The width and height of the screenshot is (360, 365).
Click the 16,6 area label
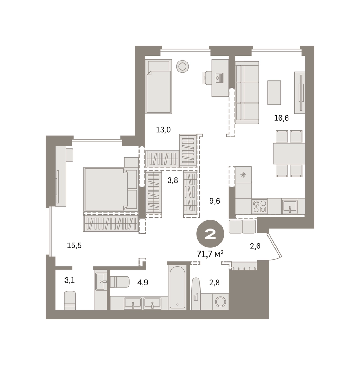coord(281,118)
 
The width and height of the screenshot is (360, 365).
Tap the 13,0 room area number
coord(163,130)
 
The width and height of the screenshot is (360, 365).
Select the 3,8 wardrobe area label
coord(173,180)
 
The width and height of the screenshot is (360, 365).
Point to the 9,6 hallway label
coord(215,201)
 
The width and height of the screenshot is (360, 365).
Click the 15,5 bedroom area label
coord(74,245)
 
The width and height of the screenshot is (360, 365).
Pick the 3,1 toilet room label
coord(69,280)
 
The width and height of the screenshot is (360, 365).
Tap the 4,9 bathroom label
coord(143,283)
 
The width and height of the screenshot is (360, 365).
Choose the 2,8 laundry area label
coord(214,283)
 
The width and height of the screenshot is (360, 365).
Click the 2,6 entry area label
coord(255,246)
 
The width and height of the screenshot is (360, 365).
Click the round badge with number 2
coord(210,234)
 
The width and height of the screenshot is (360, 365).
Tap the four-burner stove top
coord(259,206)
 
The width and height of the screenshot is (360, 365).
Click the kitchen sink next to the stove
coord(290,206)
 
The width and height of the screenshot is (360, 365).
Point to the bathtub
coord(177,288)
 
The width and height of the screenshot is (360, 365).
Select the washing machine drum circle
coord(220,302)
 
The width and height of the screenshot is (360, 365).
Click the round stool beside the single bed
coord(182,66)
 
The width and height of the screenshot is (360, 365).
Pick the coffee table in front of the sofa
coord(274,92)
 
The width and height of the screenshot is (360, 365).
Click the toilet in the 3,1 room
coord(70,300)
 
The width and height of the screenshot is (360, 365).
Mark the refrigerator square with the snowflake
coord(243,174)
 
